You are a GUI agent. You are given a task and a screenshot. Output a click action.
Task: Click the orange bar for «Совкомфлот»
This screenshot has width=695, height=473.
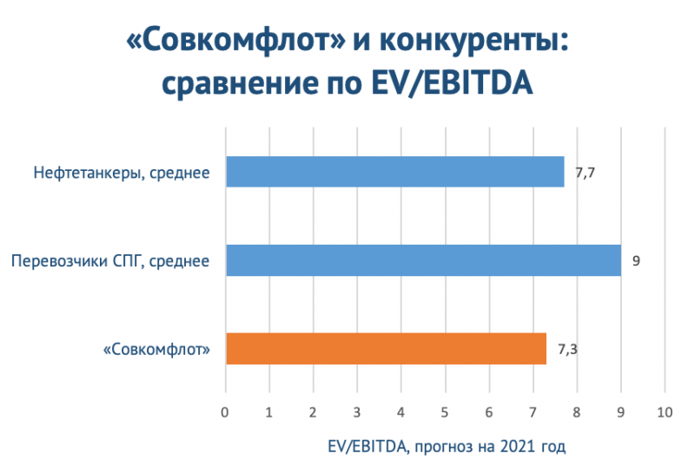coord(386,349)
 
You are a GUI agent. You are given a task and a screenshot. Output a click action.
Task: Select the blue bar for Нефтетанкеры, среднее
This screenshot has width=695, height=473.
coord(394,172)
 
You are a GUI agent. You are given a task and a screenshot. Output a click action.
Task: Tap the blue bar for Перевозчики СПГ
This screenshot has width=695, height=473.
coord(423,260)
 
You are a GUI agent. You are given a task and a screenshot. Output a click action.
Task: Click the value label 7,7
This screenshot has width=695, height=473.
coord(585,172)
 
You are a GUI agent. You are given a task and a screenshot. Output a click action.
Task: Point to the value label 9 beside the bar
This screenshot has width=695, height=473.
coord(636,260)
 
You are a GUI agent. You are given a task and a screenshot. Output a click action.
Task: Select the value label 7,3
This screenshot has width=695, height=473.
coord(566,349)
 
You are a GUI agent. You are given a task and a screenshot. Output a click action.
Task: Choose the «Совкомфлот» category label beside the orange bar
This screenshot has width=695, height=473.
coord(157,350)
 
